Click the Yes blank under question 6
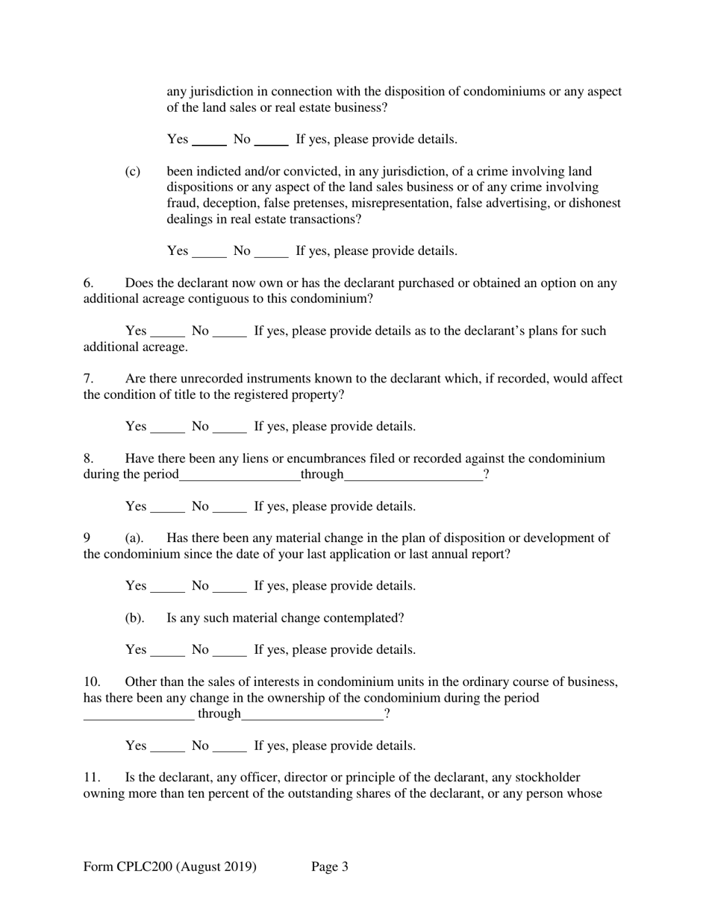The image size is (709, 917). (167, 333)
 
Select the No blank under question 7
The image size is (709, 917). (230, 428)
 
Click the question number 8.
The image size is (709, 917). (88, 458)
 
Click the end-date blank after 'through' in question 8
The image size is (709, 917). (413, 476)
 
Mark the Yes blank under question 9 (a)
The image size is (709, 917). (167, 587)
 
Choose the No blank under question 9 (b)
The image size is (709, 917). (230, 652)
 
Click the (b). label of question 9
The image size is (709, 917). (134, 618)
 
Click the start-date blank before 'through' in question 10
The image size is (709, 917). (139, 716)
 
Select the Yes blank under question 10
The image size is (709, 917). (167, 747)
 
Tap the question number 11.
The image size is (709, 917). (91, 778)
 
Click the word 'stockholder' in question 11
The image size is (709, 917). (549, 778)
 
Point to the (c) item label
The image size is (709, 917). (132, 171)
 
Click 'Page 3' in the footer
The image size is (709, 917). (330, 867)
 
